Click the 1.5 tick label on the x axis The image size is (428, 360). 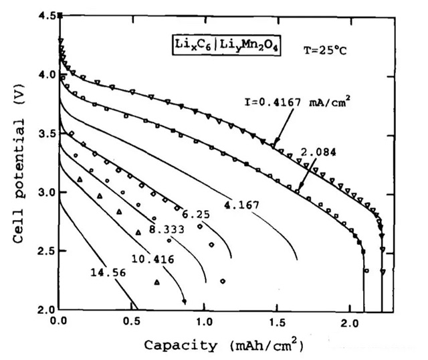(x=277, y=322)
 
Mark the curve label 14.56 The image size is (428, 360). (x=106, y=272)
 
